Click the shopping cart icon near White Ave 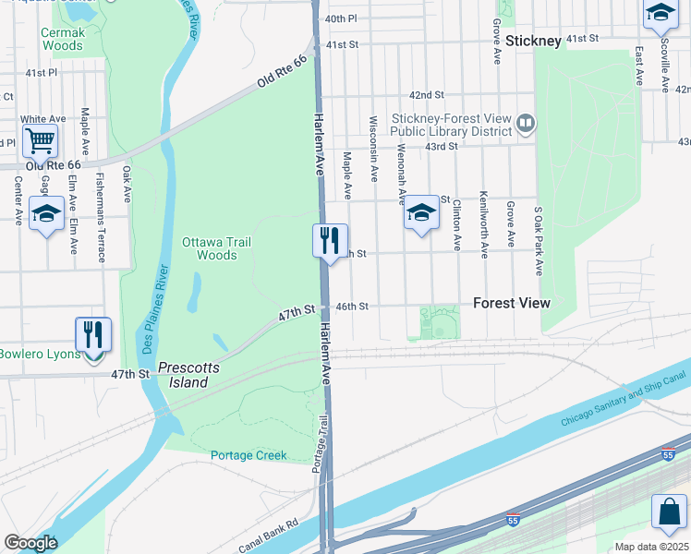pos(41,141)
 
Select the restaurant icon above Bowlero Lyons pos(93,334)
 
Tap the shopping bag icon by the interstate pos(668,512)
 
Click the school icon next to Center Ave pos(46,213)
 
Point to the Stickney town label pos(533,42)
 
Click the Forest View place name pos(511,303)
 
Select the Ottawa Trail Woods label pos(216,248)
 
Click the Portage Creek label pos(249,455)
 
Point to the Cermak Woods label pos(63,38)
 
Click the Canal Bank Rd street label pos(267,536)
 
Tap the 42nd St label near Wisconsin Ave pos(427,95)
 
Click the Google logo pos(30,543)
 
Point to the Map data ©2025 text pos(651,547)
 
